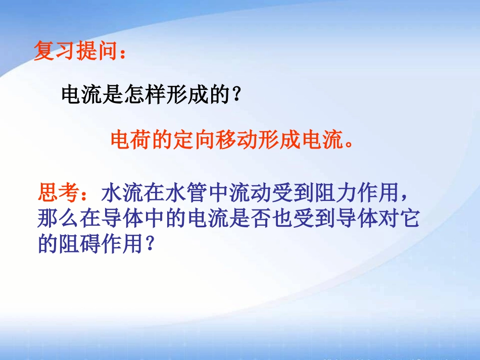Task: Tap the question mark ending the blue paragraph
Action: coord(149,246)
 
